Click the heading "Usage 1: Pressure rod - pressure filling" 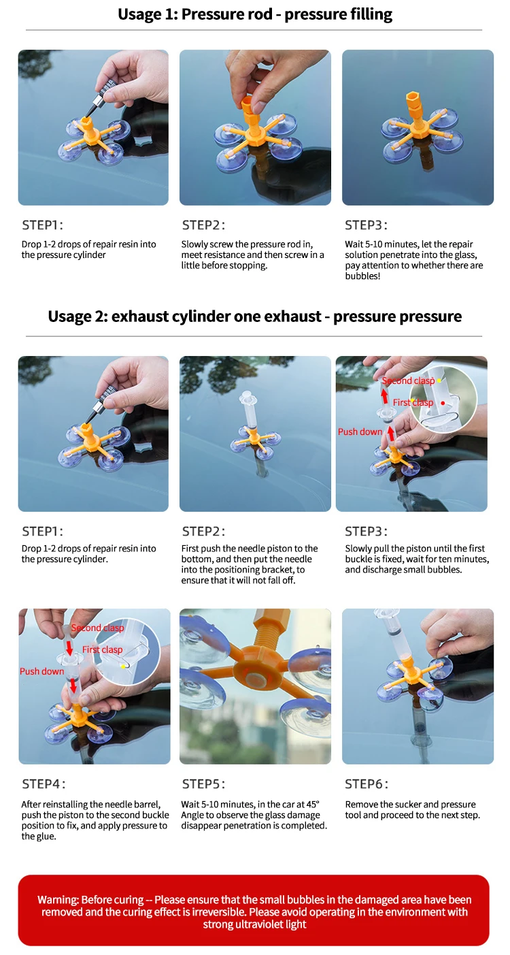tap(255, 14)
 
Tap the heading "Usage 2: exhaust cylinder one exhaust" tap(184, 317)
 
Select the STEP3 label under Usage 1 tap(366, 225)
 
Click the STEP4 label tap(44, 783)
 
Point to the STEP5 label tap(203, 783)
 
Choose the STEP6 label tap(367, 783)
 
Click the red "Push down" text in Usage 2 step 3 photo tap(360, 432)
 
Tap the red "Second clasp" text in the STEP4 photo tap(97, 628)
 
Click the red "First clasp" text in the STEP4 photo tap(102, 649)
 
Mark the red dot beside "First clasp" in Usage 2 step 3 tap(443, 403)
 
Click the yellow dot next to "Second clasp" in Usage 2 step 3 tap(439, 381)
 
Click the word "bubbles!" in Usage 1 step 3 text tap(362, 276)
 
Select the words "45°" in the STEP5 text tap(313, 804)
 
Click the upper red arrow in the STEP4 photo tap(69, 648)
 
